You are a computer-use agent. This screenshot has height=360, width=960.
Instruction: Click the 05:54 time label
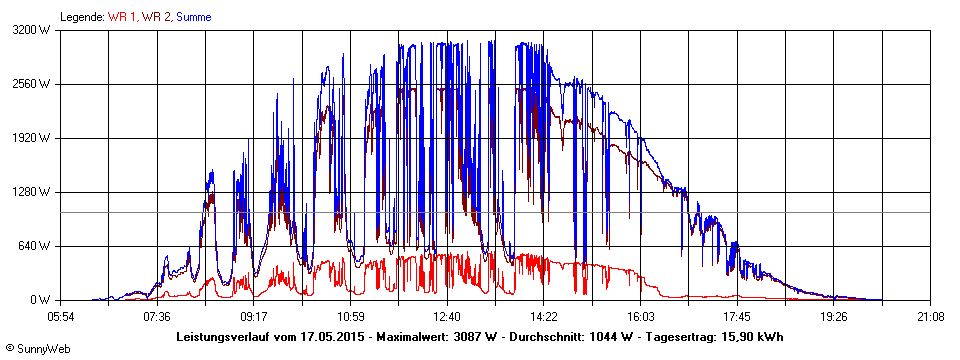point(61,317)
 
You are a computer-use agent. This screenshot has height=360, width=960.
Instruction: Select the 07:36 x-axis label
point(158,317)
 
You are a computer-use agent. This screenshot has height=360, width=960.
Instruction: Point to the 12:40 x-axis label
point(447,317)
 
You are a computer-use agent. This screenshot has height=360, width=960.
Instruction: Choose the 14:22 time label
point(544,317)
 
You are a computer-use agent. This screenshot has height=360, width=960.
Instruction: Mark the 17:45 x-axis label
point(737,317)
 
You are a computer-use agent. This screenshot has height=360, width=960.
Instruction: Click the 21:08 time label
point(930,317)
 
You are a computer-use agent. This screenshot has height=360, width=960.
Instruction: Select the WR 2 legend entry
point(156,17)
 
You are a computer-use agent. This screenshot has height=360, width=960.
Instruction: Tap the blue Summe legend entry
point(194,17)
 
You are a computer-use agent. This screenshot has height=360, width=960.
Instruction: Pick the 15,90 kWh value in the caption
point(750,337)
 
